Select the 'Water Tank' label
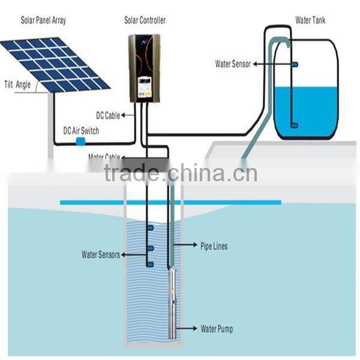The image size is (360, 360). click(x=311, y=20)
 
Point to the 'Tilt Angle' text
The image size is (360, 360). click(x=17, y=84)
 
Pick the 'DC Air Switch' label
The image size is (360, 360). click(x=81, y=131)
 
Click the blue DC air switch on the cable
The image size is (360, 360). click(x=80, y=142)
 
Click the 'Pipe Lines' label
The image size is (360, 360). click(x=214, y=246)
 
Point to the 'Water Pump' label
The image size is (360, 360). click(x=217, y=329)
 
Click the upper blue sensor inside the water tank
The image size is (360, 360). click(x=295, y=64)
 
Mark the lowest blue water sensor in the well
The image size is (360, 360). click(x=149, y=264)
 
